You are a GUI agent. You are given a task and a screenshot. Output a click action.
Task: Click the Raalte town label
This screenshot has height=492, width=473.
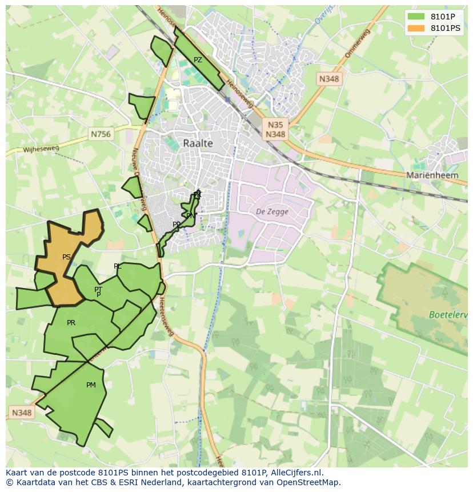pos(198,143)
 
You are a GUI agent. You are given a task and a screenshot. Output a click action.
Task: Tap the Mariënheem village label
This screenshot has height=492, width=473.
pos(432,175)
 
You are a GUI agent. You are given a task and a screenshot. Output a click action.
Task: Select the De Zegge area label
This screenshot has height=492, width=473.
pos(272,211)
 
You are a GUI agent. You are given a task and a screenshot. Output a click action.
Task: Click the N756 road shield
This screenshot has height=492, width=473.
pos(101,134)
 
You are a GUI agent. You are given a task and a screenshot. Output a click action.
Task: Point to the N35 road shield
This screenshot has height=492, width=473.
pos(275,125)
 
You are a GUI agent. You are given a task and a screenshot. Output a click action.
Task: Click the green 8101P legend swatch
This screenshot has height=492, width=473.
pos(416,17)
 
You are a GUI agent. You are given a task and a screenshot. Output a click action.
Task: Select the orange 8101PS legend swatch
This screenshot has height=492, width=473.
pos(416,27)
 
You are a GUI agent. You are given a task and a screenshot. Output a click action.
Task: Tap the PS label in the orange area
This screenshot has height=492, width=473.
pos(66,257)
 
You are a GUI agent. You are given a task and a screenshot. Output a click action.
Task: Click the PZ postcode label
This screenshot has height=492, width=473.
pos(198,60)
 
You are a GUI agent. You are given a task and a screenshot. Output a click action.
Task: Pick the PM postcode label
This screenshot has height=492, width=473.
pos(91,385)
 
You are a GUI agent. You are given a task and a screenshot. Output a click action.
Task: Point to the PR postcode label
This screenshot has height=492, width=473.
pos(71,323)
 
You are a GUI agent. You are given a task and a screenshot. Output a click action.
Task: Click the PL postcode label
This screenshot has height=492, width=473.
pos(118,266)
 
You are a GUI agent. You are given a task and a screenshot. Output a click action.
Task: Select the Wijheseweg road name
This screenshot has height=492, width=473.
pos(41,150)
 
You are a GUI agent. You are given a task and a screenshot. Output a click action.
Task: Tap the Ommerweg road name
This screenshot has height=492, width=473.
pos(358,43)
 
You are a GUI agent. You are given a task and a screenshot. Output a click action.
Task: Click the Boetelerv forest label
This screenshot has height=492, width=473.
pos(448,315)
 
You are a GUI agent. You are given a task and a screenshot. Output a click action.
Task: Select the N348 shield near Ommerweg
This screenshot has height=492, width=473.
pos(329,79)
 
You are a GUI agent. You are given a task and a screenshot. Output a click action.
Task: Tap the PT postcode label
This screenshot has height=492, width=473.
pos(98,290)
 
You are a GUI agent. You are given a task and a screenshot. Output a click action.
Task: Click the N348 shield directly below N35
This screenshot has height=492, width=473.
pos(275,134)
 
